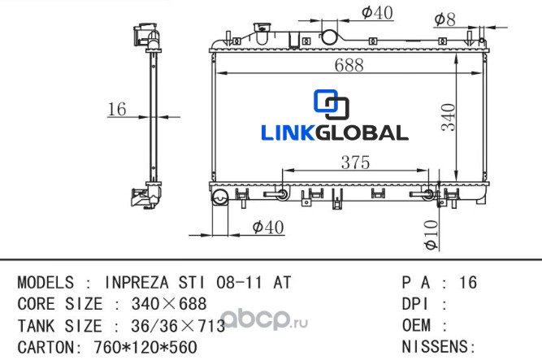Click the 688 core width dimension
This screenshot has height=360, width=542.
[349, 65]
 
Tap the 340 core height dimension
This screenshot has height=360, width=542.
[449, 117]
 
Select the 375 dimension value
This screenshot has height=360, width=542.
[355, 163]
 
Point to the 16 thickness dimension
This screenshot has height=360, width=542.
[117, 109]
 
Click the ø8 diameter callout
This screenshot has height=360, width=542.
[444, 20]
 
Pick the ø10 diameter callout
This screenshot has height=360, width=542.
[431, 235]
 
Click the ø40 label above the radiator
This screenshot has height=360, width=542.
[377, 13]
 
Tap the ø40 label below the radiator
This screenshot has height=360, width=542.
[268, 228]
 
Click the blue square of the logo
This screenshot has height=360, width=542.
[325, 101]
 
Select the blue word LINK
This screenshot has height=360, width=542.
[288, 132]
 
